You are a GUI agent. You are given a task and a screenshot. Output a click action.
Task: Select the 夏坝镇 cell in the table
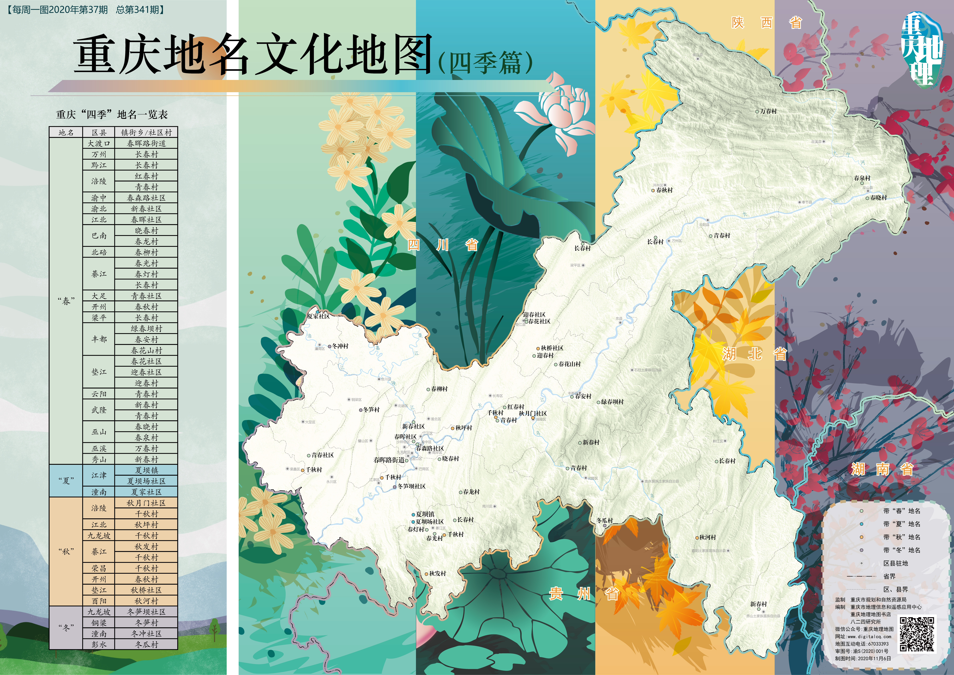pos(146,470)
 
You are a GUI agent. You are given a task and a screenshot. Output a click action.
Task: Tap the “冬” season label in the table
pos(66,628)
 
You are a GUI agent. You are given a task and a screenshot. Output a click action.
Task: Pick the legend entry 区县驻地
pos(895,563)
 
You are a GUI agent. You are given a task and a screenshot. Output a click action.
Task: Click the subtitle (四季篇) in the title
pos(485,63)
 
